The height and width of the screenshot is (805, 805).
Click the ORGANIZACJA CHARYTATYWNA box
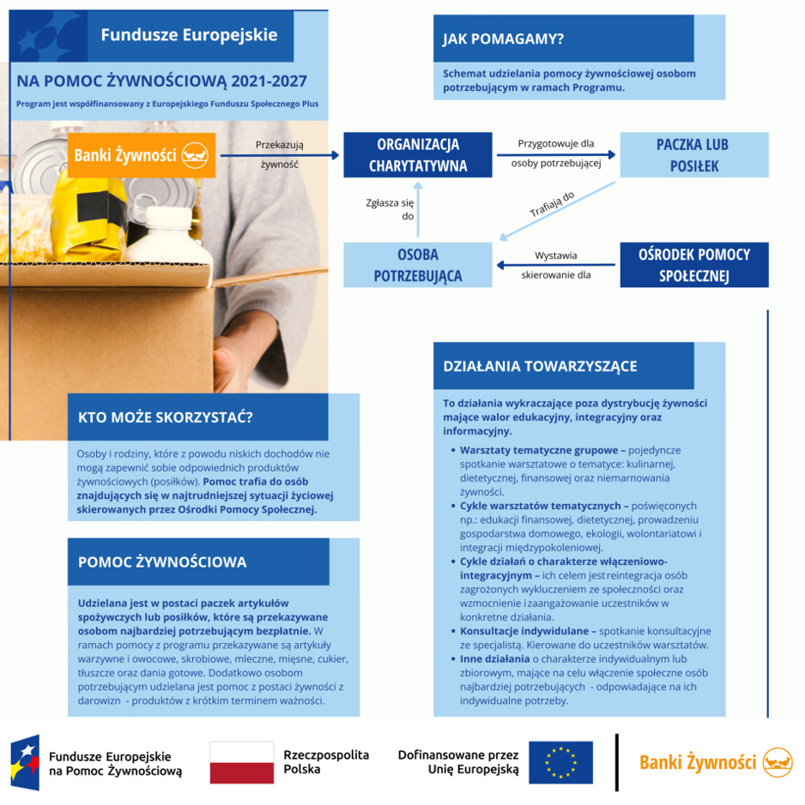click(x=417, y=155)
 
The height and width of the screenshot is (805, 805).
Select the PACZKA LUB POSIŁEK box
click(x=694, y=155)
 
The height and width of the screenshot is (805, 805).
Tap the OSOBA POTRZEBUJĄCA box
click(x=417, y=265)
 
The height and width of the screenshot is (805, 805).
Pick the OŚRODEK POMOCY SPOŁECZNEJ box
click(x=694, y=265)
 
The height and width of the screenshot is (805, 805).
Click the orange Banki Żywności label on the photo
click(x=142, y=155)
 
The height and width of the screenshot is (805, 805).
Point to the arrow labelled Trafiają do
click(x=557, y=211)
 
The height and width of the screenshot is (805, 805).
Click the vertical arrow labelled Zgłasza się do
click(x=418, y=209)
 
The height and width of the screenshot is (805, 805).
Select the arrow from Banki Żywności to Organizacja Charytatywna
click(x=280, y=155)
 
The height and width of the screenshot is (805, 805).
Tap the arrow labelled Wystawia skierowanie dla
click(x=555, y=265)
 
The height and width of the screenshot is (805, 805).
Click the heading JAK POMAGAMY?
click(x=503, y=39)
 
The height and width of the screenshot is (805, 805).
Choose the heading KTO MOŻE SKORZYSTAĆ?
click(x=166, y=417)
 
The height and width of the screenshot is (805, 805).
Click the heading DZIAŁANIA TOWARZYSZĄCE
click(x=540, y=366)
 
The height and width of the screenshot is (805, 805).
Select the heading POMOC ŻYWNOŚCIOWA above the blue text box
click(x=162, y=562)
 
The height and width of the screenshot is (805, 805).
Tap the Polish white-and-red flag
click(x=242, y=762)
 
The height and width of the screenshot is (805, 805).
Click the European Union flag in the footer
click(x=560, y=762)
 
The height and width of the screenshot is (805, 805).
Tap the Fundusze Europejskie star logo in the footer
click(x=25, y=762)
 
